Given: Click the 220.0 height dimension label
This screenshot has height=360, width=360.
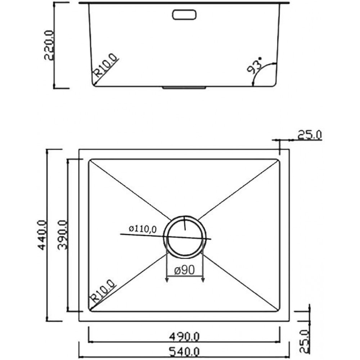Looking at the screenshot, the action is [49, 45].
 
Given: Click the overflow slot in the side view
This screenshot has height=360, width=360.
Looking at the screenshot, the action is [184, 15].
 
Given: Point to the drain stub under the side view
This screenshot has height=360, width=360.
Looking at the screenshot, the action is [184, 87].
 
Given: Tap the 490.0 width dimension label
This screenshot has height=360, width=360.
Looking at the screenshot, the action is [184, 337].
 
